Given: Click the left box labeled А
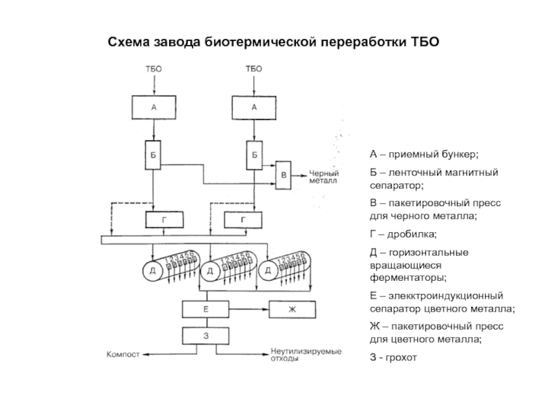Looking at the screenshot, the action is [153, 108].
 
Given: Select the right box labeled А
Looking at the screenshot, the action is [254, 108].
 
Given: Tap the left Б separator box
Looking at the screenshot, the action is [153, 155].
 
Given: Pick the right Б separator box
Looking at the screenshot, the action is [254, 155].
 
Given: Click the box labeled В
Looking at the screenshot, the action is [284, 175].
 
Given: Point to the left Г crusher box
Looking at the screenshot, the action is [164, 220].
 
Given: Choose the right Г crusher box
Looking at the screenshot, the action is [243, 220].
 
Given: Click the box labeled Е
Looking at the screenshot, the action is [206, 309].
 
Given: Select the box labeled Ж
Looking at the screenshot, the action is [292, 310].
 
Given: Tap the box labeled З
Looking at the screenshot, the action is [206, 336].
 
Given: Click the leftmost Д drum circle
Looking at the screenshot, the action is [153, 271].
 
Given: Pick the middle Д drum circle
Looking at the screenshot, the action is [210, 271].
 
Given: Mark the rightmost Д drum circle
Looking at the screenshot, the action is [269, 271].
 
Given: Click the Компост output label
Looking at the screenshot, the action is [123, 354].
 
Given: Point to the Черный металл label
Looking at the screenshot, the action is [324, 177].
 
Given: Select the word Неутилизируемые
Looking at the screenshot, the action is [306, 351].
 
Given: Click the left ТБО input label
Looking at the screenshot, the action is [153, 69].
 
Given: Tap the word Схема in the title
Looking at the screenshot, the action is [129, 42].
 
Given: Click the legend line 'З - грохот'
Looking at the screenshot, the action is [393, 358].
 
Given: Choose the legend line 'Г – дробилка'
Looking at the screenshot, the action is [403, 234].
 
